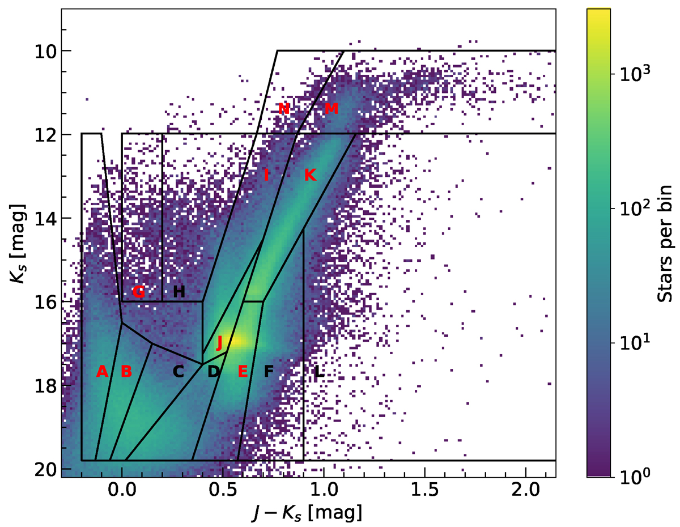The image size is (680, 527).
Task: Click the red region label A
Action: tap(102, 372)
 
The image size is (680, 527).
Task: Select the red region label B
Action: tap(126, 372)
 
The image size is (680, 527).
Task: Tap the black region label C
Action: tap(178, 372)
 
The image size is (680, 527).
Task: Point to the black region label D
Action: tap(214, 372)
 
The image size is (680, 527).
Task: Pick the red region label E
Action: tap(243, 372)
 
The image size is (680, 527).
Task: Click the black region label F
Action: tap(269, 372)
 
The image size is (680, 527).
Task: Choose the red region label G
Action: tap(139, 292)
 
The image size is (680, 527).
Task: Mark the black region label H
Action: tap(178, 292)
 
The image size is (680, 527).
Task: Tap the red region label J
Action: tap(220, 342)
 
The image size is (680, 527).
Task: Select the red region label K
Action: tap(309, 175)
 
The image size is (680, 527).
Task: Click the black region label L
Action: tap(320, 372)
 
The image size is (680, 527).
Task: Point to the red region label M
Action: tap(331, 108)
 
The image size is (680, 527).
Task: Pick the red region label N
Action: tap(284, 108)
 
